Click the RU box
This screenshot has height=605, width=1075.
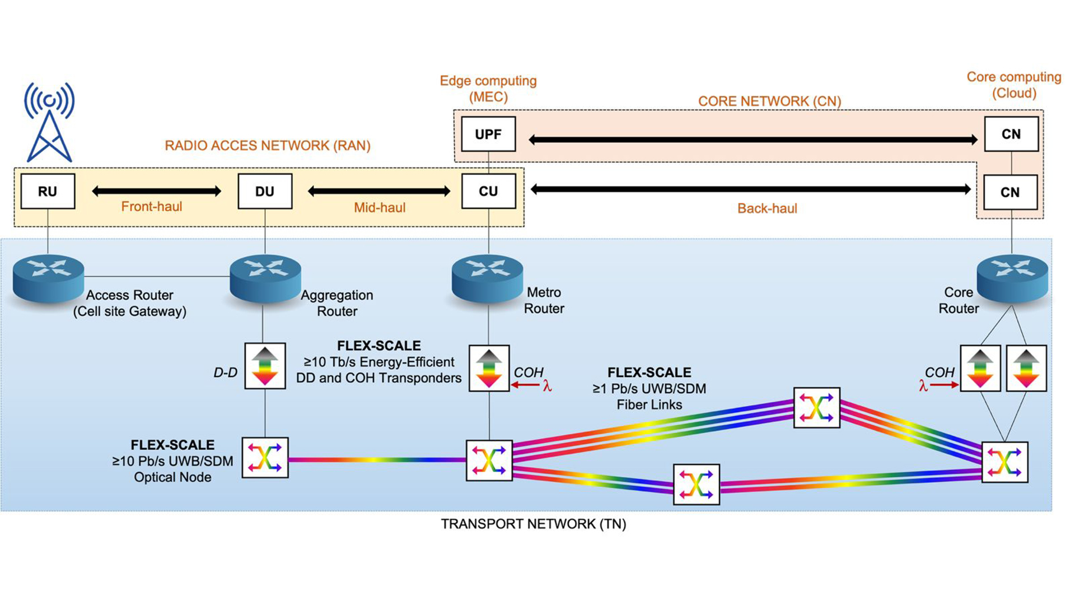point(48,191)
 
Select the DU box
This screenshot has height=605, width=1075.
point(265,191)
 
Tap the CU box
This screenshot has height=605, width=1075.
point(488,191)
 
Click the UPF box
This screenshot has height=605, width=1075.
point(488,134)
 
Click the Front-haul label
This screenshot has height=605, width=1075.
point(152,207)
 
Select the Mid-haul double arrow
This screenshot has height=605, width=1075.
point(379,192)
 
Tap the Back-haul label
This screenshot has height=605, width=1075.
point(766,208)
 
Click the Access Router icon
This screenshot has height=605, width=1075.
point(48,277)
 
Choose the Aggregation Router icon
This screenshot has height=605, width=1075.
point(265,277)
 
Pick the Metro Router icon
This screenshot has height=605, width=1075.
point(487,277)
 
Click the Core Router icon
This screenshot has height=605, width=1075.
point(1012,277)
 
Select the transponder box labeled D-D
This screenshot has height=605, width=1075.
point(265,366)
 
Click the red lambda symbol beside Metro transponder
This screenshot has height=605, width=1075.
point(547,385)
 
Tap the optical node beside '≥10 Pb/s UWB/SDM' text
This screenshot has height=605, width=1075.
point(265,458)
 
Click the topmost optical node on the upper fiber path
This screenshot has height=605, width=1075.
point(816,407)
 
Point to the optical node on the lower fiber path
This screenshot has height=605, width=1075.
point(696,484)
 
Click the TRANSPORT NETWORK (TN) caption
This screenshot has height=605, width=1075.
point(533,524)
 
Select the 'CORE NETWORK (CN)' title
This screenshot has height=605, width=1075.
point(769,101)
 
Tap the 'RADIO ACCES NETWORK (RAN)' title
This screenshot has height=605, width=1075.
point(267,146)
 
